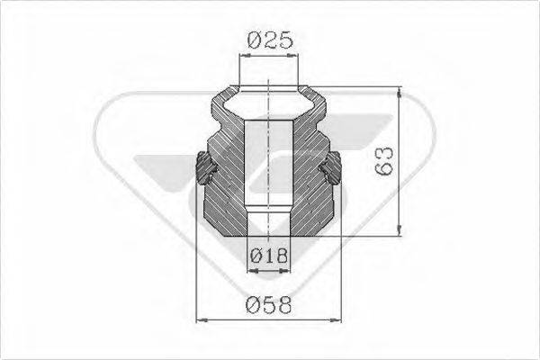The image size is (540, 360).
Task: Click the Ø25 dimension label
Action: click(x=270, y=40)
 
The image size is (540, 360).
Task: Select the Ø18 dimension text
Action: click(x=268, y=256)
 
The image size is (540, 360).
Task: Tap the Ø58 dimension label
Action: click(x=270, y=304)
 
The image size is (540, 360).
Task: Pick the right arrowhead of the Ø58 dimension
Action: click(x=339, y=319)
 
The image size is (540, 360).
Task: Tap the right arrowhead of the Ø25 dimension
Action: click(x=297, y=55)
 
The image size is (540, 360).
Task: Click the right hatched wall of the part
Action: click(x=315, y=171)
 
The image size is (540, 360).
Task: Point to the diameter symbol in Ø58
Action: click(x=254, y=304)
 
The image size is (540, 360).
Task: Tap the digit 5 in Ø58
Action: click(x=270, y=304)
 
